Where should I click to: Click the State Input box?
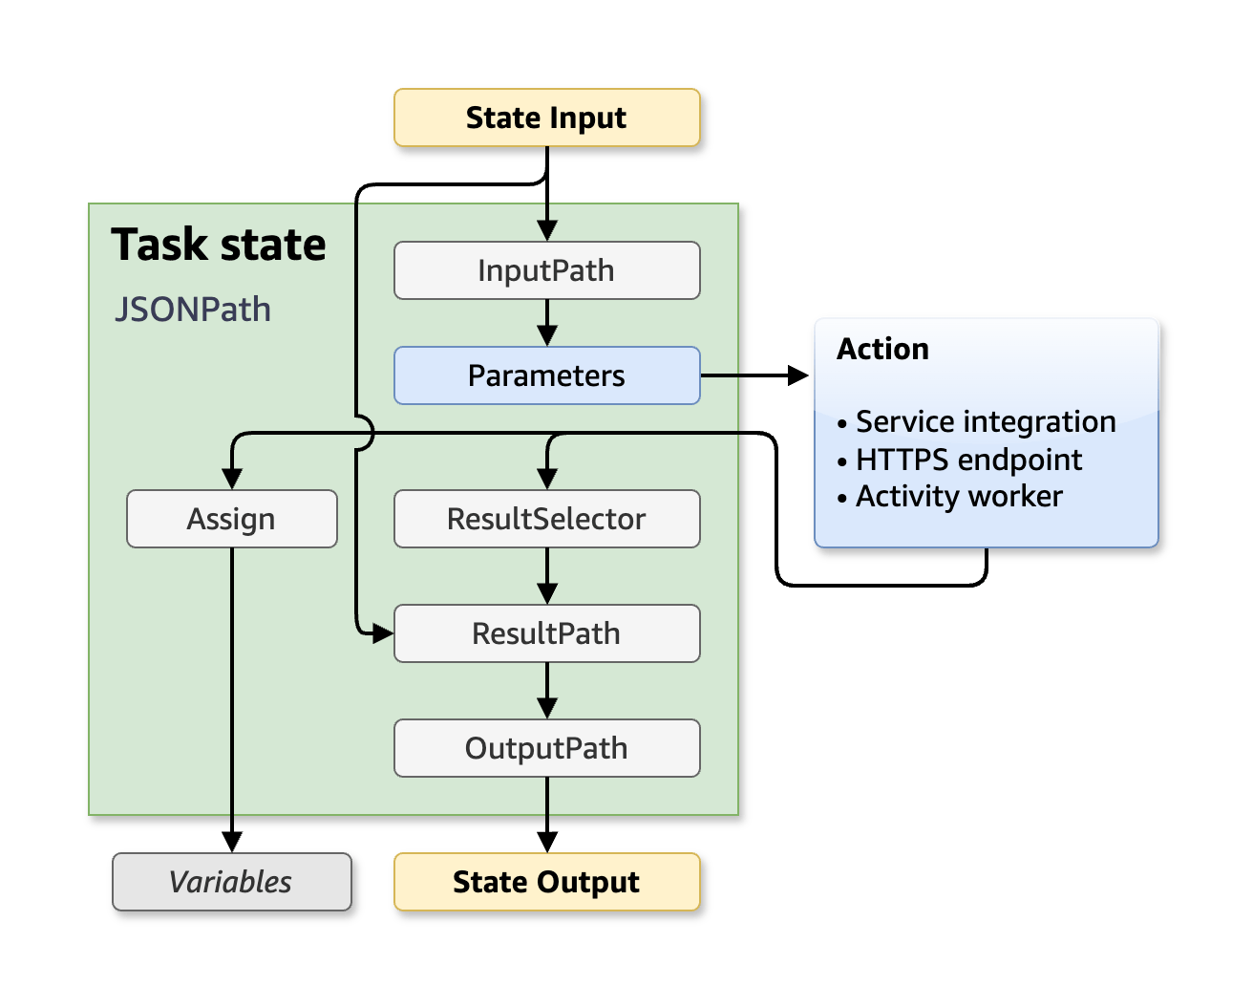546,118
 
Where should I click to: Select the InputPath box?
546,270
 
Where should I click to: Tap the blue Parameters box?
546,375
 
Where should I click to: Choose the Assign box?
231,519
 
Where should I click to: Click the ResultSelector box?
546,519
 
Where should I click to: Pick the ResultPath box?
546,633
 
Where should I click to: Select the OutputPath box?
546,748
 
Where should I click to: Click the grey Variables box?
231,882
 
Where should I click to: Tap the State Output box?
546,882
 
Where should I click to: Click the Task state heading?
219,245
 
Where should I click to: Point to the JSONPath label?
193,310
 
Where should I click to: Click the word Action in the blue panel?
882,350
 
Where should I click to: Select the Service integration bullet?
984,421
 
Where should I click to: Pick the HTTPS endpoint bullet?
967,460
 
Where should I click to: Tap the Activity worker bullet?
958,497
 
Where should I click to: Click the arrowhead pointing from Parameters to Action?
798,375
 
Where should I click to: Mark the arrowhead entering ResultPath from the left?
382,633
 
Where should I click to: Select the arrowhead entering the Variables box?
232,842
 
